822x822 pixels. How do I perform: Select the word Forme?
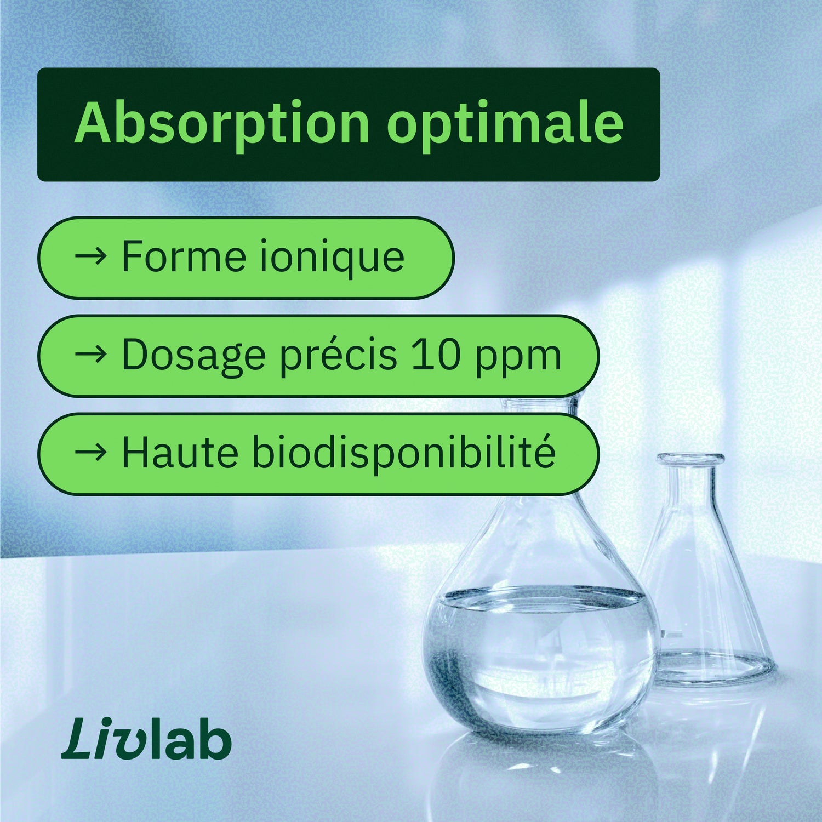(184, 256)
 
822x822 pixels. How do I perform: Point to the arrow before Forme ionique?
(90, 256)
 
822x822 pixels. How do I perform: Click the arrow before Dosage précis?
(90, 355)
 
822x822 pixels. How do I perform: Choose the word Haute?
(180, 453)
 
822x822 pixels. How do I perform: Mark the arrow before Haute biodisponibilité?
(90, 453)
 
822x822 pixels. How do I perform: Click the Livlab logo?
(146, 740)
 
